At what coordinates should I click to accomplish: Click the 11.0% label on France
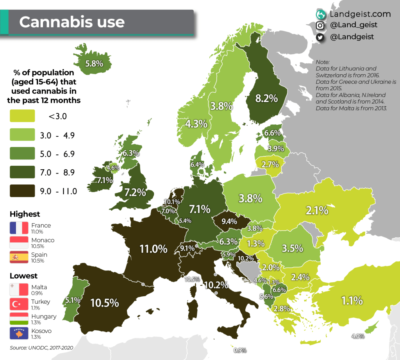[154, 249]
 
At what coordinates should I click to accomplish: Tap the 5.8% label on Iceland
[94, 63]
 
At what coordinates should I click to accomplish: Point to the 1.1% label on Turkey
[352, 301]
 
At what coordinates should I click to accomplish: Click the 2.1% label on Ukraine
[317, 211]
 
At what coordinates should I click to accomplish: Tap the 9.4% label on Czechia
[229, 222]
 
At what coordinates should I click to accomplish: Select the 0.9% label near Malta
[240, 350]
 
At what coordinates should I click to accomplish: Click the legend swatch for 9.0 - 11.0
[22, 191]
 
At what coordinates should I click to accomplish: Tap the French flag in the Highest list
[19, 228]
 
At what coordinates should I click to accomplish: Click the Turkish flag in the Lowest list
[19, 304]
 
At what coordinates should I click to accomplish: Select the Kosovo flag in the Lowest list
[19, 333]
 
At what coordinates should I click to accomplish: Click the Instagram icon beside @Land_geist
[320, 25]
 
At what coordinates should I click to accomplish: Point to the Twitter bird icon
[320, 37]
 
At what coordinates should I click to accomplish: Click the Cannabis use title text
[72, 22]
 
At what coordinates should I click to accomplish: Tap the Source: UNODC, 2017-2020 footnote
[41, 347]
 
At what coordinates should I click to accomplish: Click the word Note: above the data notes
[323, 62]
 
